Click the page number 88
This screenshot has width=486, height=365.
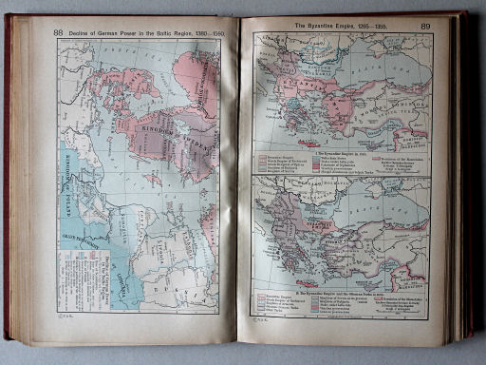tap(59, 31)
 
